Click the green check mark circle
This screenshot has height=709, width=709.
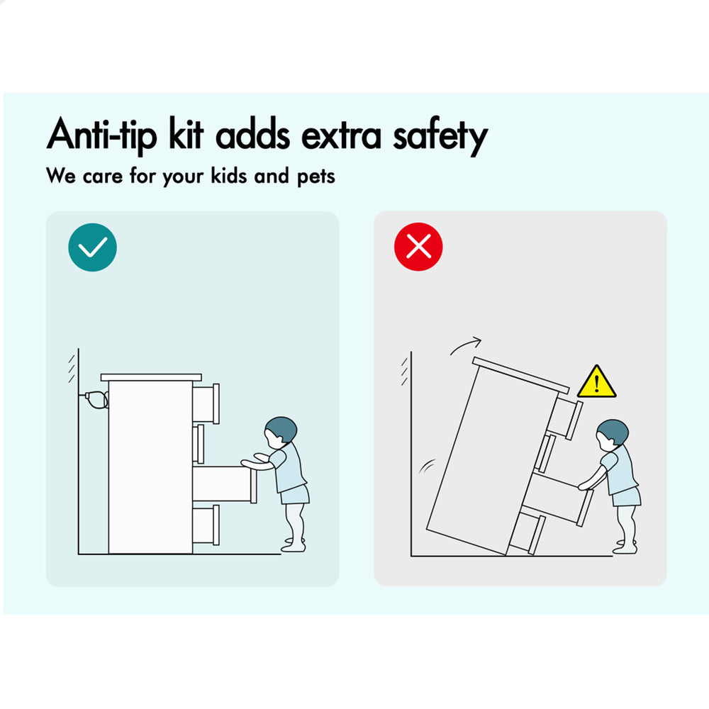point(93,247)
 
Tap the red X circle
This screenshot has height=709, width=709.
point(418,247)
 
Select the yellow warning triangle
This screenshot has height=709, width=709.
point(596,383)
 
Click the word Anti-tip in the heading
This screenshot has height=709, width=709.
point(102,134)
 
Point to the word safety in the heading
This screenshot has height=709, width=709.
point(440,135)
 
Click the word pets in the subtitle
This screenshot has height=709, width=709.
point(316,177)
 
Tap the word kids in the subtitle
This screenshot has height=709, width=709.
point(229,175)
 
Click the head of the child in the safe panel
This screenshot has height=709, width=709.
point(280,432)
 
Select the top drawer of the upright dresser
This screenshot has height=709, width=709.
point(206,403)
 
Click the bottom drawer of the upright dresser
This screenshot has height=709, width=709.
point(206,525)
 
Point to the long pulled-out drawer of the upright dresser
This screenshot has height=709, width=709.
point(225,484)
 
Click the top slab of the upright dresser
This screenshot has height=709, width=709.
point(151,377)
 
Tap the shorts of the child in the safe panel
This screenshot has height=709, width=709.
point(294,495)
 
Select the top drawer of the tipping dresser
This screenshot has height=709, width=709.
point(566,416)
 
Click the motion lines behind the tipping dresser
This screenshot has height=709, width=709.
point(426,467)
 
